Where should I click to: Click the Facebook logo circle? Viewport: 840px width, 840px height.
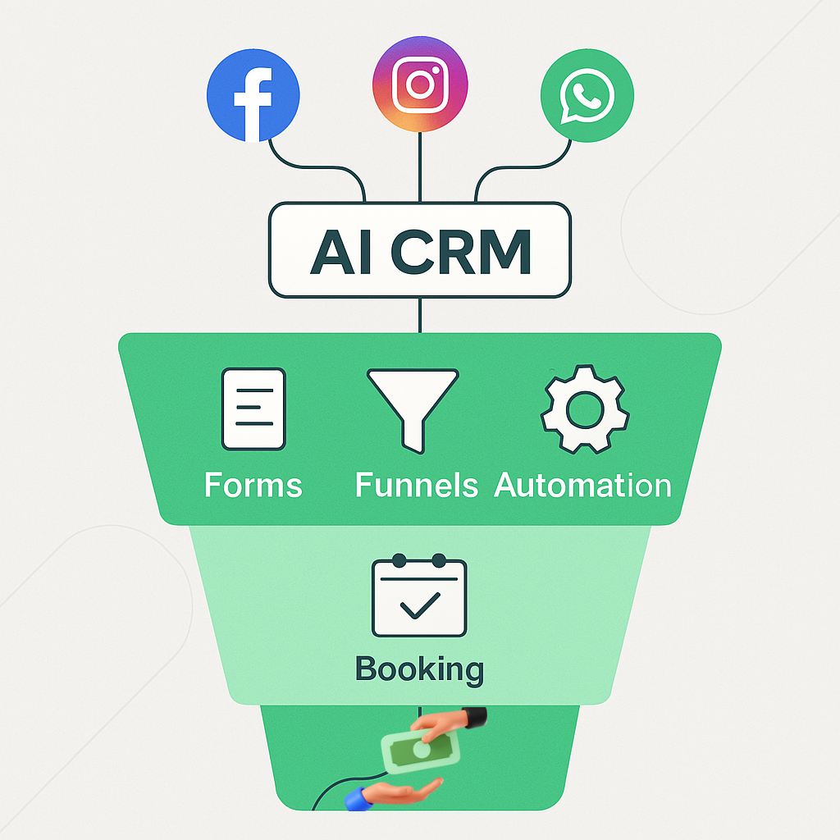click(253, 95)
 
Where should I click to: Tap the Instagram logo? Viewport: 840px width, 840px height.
click(420, 84)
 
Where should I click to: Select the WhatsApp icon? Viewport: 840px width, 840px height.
click(587, 95)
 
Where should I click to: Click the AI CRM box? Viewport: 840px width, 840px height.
click(420, 249)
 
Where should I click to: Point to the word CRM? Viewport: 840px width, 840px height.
click(461, 251)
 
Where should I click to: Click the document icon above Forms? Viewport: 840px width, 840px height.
click(253, 409)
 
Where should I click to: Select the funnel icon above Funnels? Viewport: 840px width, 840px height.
click(413, 411)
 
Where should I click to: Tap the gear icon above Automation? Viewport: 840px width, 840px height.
click(585, 410)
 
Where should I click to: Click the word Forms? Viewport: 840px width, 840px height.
click(253, 486)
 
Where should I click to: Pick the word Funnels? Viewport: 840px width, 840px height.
click(416, 486)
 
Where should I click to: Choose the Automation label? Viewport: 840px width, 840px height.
click(582, 486)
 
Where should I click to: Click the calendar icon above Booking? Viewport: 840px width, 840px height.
click(419, 596)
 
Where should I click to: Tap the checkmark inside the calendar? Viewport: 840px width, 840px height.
click(420, 606)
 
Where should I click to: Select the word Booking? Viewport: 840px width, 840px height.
click(419, 669)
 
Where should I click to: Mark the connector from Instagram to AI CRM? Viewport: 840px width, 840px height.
click(420, 167)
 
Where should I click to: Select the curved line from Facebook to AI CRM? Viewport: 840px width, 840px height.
click(316, 167)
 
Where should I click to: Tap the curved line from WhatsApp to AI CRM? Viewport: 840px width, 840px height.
click(523, 167)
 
